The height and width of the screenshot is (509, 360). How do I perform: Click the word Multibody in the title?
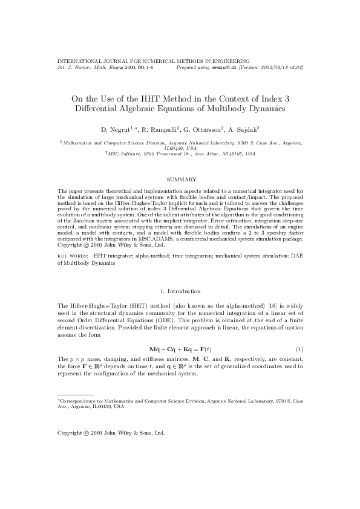pos(240,109)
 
